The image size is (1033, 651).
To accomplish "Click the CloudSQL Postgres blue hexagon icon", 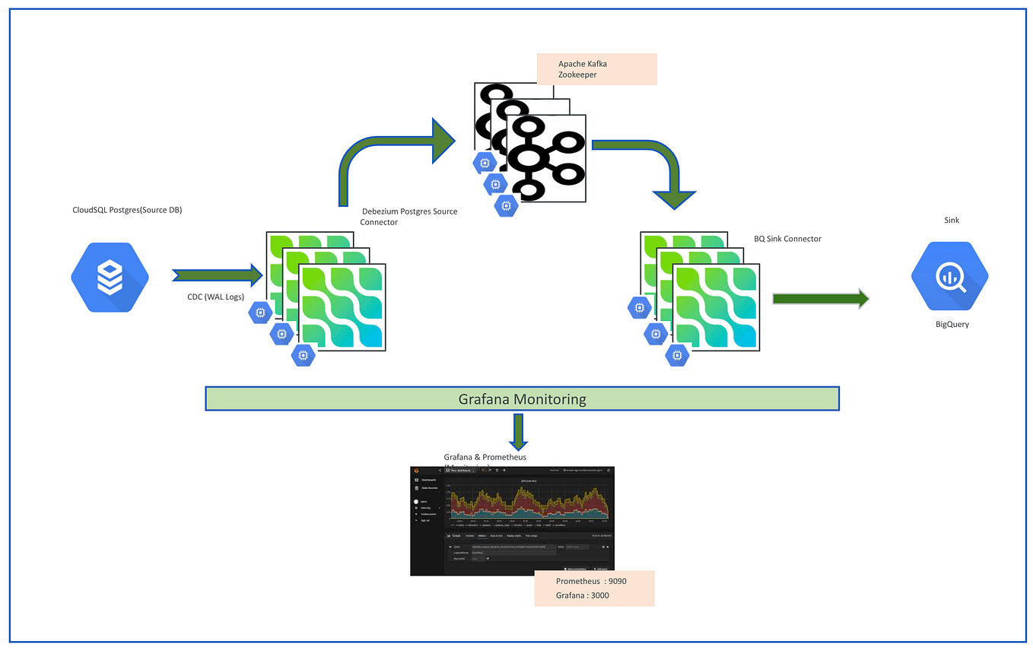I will (x=110, y=277).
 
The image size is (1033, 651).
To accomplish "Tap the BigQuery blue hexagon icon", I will (x=949, y=277).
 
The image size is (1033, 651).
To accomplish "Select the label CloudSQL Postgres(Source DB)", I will (x=127, y=210).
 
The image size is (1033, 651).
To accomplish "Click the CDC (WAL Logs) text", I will (x=215, y=297).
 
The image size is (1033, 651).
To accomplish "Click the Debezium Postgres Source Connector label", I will (x=408, y=216).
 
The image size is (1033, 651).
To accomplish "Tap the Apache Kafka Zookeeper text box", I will (x=596, y=69).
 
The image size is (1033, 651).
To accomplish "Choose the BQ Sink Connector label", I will (x=787, y=239).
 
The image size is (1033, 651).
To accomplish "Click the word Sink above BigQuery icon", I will (x=951, y=220).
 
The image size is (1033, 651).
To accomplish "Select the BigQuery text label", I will (x=952, y=324).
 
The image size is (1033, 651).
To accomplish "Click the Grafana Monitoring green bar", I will (x=522, y=399).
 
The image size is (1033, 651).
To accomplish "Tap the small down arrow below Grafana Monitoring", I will (x=518, y=431).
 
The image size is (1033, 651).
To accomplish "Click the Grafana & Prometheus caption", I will (x=485, y=458).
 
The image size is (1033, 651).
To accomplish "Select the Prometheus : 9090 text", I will (x=590, y=581).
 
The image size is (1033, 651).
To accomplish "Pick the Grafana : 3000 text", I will (x=582, y=595).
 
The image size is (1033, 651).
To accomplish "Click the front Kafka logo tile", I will (x=547, y=158).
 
